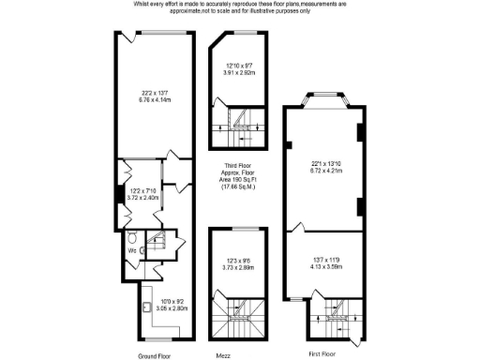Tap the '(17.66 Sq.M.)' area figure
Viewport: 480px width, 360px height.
click(238, 188)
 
